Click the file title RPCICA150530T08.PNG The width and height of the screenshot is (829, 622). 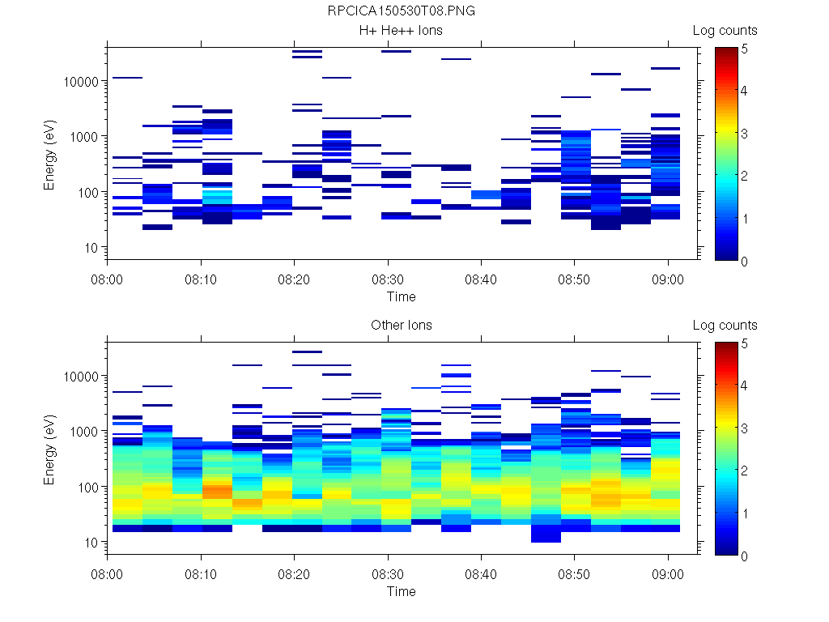[x=401, y=12]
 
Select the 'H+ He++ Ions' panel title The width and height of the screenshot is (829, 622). [x=401, y=31]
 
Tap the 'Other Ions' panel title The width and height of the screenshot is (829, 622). [x=401, y=326]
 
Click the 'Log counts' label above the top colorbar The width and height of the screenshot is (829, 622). [x=725, y=31]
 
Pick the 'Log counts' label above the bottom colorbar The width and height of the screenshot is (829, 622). [x=725, y=326]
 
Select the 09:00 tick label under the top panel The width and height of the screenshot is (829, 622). [x=667, y=278]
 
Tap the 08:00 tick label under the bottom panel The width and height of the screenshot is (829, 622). [x=108, y=573]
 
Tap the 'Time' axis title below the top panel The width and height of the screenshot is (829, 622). [x=401, y=296]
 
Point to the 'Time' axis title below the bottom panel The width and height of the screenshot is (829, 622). [x=401, y=591]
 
